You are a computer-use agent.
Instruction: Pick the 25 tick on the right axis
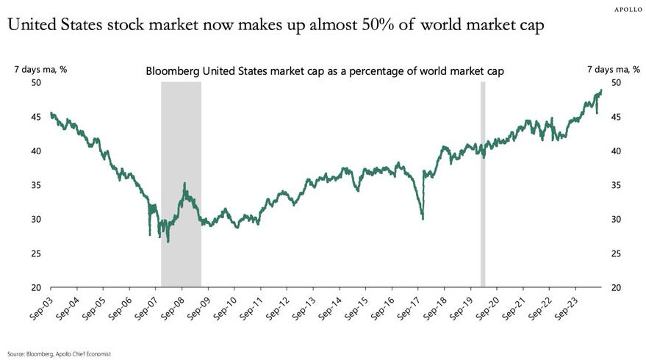[x=616, y=253]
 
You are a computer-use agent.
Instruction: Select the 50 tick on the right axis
[x=616, y=83]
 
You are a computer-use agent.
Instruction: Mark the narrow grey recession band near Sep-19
[x=483, y=184]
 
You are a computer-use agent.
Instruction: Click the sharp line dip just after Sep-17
[x=423, y=217]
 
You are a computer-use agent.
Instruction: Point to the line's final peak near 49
[x=601, y=90]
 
